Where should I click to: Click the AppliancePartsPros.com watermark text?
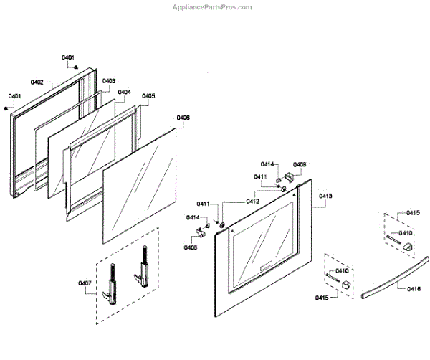click(x=214, y=6)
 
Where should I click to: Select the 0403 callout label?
click(x=109, y=81)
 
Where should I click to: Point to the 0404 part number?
click(x=124, y=92)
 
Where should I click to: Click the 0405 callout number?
click(x=148, y=95)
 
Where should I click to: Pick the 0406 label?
click(x=183, y=117)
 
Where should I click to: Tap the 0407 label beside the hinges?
click(x=85, y=283)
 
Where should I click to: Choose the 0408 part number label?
click(x=191, y=247)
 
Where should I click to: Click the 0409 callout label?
click(x=300, y=165)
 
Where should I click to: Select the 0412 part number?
click(x=252, y=202)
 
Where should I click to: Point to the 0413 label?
click(x=325, y=196)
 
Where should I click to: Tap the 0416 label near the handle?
click(x=414, y=288)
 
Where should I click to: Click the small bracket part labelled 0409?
click(x=290, y=176)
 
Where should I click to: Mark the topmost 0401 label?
click(x=68, y=57)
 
